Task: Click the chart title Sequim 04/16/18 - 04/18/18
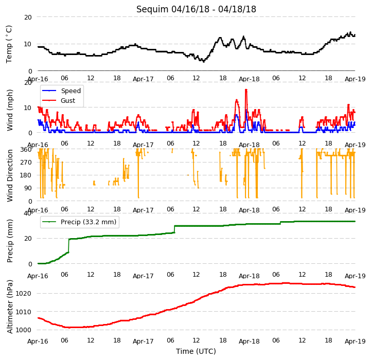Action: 196,9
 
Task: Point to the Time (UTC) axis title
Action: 196,351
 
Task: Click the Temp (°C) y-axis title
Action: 9,44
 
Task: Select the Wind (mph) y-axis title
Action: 9,110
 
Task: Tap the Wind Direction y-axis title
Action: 9,175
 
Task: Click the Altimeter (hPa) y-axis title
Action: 9,307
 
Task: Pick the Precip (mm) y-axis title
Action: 9,241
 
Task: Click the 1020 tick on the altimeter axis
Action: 23,294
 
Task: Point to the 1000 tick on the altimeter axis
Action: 23,330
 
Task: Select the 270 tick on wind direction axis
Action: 26,163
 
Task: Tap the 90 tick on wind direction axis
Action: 28,188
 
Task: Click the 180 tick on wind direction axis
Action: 26,175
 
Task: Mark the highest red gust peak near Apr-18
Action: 246,89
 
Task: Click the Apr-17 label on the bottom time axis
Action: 143,341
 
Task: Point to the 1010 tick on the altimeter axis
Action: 23,312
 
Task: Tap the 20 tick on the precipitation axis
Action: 28,239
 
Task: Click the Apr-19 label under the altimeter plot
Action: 355,341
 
